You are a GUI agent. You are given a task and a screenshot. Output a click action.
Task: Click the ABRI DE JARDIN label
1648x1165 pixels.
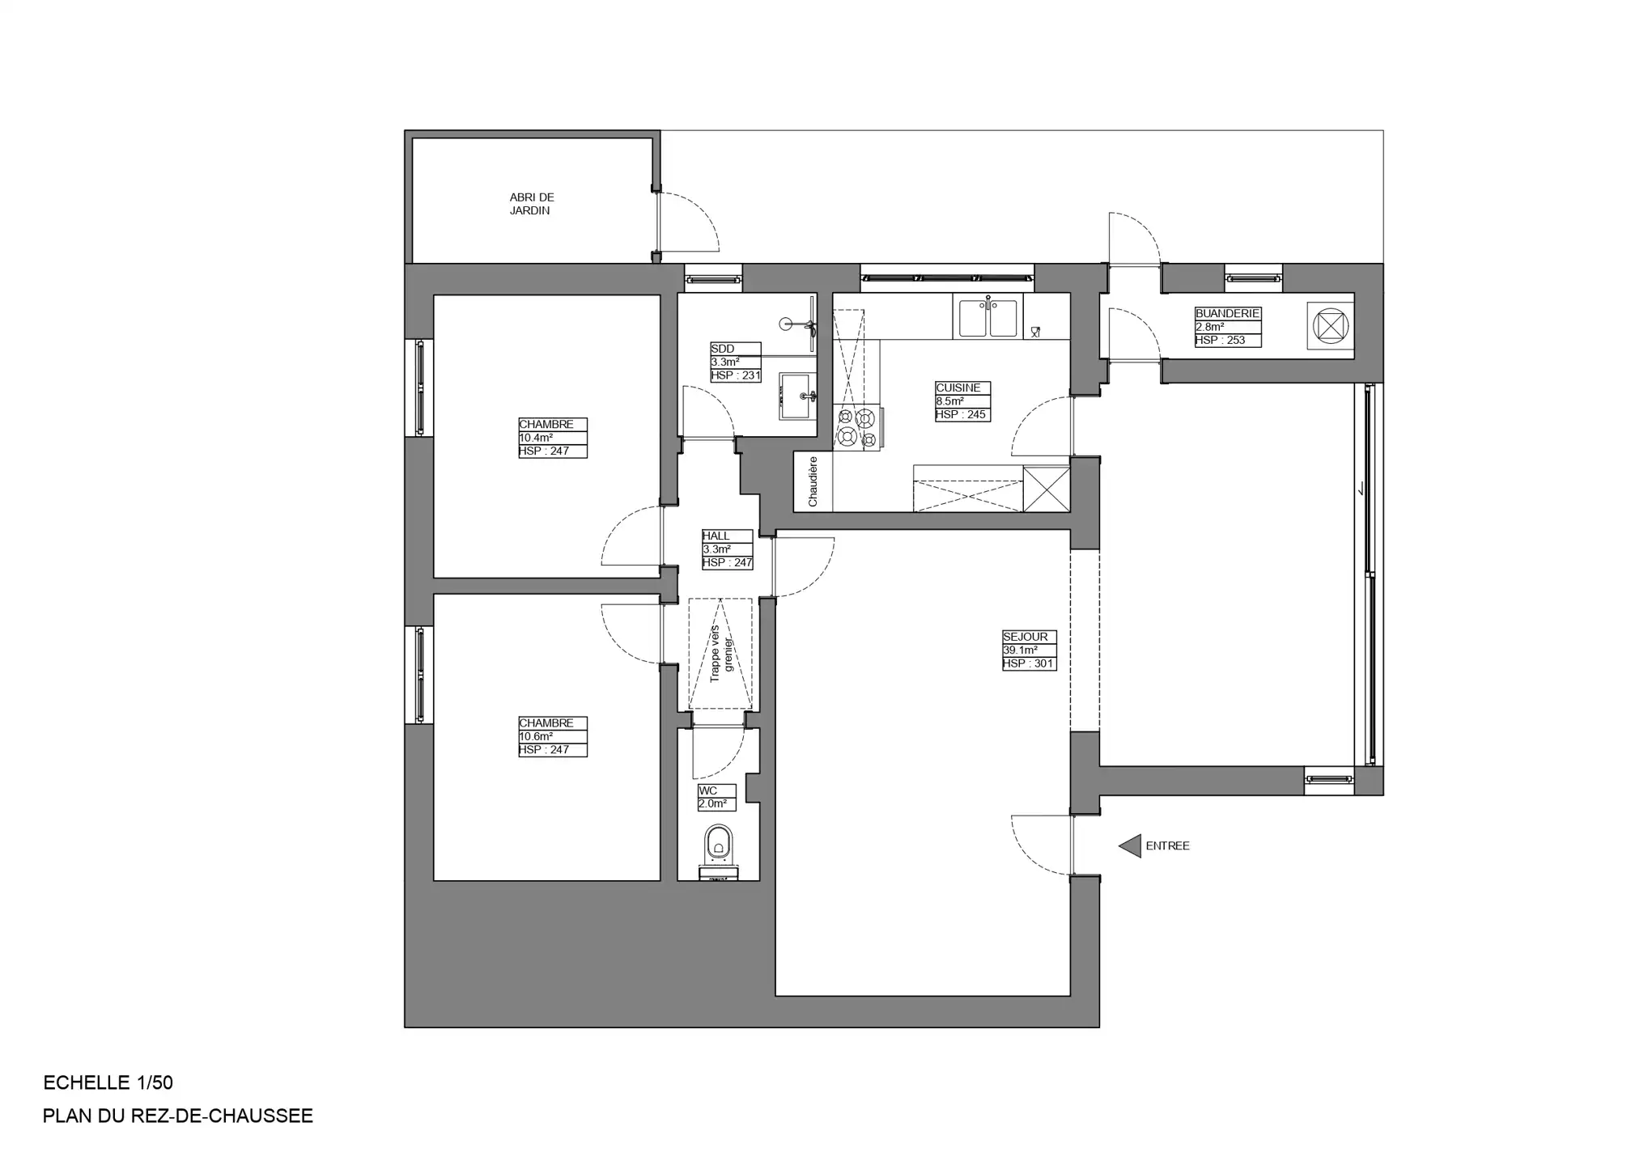pyautogui.click(x=531, y=204)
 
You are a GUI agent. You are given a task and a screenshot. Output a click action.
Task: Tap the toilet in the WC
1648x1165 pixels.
pyautogui.click(x=718, y=844)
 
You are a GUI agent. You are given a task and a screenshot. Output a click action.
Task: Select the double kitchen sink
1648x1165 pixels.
pyautogui.click(x=988, y=318)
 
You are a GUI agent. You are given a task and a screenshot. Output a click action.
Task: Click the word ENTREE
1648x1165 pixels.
pyautogui.click(x=1167, y=846)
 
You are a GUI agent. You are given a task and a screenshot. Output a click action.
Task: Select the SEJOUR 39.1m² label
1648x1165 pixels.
pyautogui.click(x=1029, y=650)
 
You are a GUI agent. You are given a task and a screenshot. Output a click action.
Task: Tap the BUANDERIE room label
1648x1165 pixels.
pyautogui.click(x=1227, y=327)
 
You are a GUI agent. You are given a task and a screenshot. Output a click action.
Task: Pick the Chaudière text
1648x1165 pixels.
pyautogui.click(x=813, y=481)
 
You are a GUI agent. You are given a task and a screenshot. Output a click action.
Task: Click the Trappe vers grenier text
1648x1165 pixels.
pyautogui.click(x=720, y=654)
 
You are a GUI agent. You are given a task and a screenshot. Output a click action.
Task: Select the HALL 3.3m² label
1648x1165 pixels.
pyautogui.click(x=727, y=549)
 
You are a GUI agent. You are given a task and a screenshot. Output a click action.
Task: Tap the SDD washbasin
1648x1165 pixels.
pyautogui.click(x=796, y=396)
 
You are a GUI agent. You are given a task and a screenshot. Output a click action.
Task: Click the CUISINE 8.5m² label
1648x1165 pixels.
pyautogui.click(x=962, y=401)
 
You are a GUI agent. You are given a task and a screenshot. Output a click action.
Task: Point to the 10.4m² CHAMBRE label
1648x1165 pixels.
pyautogui.click(x=552, y=438)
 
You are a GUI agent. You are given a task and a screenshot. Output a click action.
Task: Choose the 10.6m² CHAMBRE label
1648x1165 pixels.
pyautogui.click(x=552, y=736)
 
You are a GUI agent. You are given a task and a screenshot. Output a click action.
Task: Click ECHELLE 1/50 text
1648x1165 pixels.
pyautogui.click(x=108, y=1082)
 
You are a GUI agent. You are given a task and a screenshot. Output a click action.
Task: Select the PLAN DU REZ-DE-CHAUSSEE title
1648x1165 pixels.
pyautogui.click(x=177, y=1116)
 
